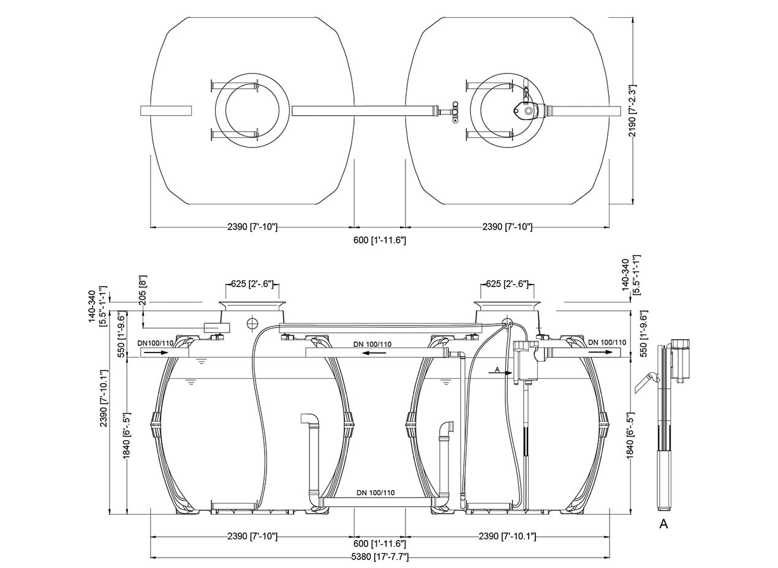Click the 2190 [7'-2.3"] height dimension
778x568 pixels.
(x=633, y=110)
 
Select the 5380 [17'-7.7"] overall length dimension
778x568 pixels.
(x=380, y=557)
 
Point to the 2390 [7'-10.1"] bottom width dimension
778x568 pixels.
(x=507, y=536)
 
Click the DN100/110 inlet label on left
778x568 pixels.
(x=155, y=343)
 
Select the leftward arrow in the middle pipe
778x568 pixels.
(x=373, y=353)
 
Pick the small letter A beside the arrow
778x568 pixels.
(x=497, y=370)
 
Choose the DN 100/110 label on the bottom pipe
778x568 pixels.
(x=376, y=493)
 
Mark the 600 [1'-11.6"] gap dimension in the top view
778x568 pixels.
(x=380, y=240)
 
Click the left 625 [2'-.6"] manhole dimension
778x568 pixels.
(x=252, y=284)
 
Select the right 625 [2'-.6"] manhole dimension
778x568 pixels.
(x=507, y=284)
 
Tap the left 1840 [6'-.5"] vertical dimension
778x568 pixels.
(x=127, y=435)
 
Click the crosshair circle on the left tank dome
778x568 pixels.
(x=253, y=324)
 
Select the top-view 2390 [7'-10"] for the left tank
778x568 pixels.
(x=252, y=227)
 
